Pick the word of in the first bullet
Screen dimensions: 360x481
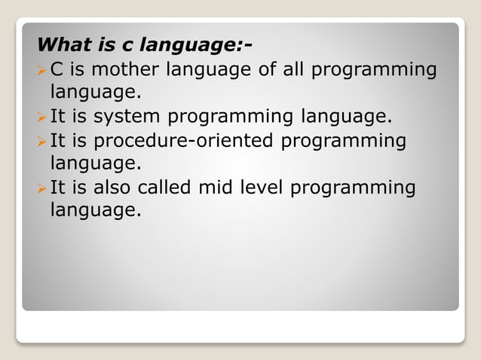[258, 71]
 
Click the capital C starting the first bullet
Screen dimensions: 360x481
[56, 71]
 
